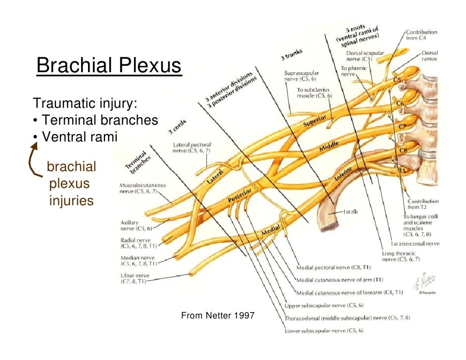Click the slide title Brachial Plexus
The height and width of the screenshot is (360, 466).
pos(109,66)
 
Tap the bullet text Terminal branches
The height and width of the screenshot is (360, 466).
pos(100,120)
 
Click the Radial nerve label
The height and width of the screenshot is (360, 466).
pos(137,242)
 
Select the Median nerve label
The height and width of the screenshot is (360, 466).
pos(138,261)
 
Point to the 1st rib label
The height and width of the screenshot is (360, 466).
pos(350,212)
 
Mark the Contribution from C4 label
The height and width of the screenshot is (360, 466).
pos(421,35)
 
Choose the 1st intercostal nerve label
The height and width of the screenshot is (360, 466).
pos(415,244)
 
